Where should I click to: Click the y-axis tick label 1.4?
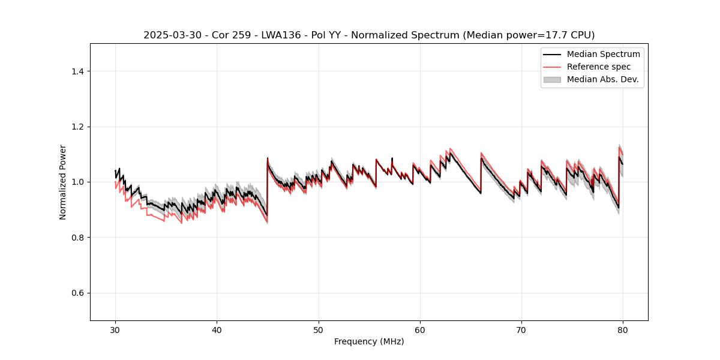tap(77, 71)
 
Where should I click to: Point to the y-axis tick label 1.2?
tap(77, 127)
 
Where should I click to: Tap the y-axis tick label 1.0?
tap(77, 182)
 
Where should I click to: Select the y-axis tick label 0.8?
tap(77, 238)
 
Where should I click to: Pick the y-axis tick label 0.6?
tap(77, 293)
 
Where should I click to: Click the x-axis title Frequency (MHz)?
tap(369, 341)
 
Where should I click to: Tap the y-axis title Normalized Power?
tap(63, 182)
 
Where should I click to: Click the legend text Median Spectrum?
tap(603, 55)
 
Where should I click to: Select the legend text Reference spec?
tap(599, 67)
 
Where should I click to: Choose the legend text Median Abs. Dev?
tap(602, 79)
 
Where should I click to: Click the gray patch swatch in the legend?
tap(552, 79)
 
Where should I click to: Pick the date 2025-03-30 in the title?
tap(170, 35)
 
